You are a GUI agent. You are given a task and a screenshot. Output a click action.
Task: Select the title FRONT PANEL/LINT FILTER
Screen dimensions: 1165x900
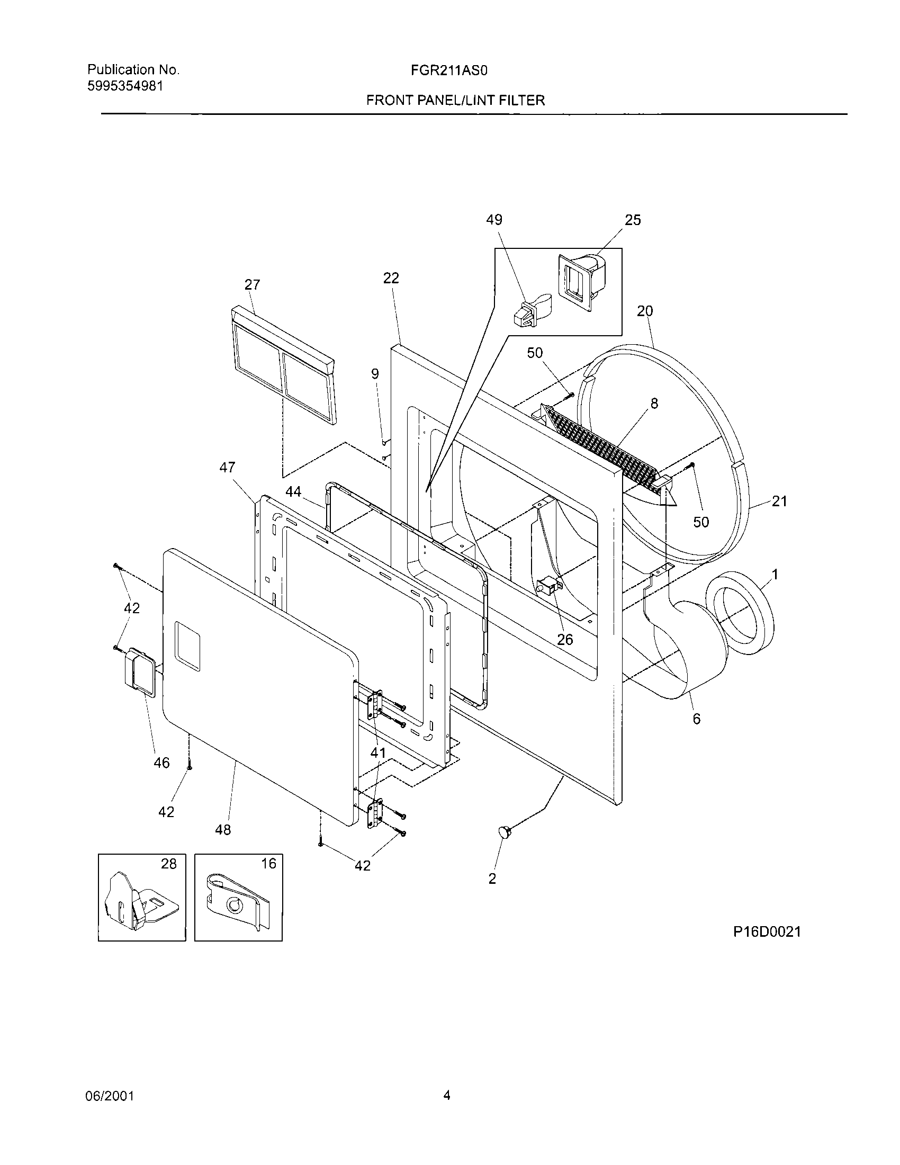[x=455, y=100]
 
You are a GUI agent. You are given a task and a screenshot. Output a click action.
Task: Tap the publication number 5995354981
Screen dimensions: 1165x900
[x=125, y=86]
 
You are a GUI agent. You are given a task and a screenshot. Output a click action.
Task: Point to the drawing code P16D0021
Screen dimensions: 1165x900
[x=767, y=931]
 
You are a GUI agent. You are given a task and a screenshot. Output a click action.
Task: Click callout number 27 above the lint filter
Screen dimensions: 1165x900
[x=252, y=285]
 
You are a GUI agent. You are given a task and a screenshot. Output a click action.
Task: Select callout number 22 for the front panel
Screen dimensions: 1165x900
[x=391, y=278]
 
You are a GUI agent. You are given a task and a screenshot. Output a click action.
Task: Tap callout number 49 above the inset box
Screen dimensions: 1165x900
[x=494, y=220]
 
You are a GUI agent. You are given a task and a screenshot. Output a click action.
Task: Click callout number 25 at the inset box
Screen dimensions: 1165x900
[x=632, y=220]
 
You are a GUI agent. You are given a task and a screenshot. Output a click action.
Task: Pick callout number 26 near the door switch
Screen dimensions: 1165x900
[x=565, y=639]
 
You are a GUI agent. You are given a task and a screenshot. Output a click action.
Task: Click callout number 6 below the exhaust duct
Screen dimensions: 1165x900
[x=697, y=719]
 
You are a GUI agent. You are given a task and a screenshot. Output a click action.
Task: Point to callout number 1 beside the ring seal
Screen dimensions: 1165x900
[x=775, y=575]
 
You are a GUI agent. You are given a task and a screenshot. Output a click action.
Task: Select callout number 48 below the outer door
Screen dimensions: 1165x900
[x=223, y=829]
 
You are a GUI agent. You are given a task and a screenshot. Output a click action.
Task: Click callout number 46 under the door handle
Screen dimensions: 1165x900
[x=161, y=763]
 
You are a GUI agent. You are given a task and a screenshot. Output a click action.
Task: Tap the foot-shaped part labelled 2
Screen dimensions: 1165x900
[x=502, y=830]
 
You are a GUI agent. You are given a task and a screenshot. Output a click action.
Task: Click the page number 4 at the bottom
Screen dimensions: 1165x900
[x=447, y=1095]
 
